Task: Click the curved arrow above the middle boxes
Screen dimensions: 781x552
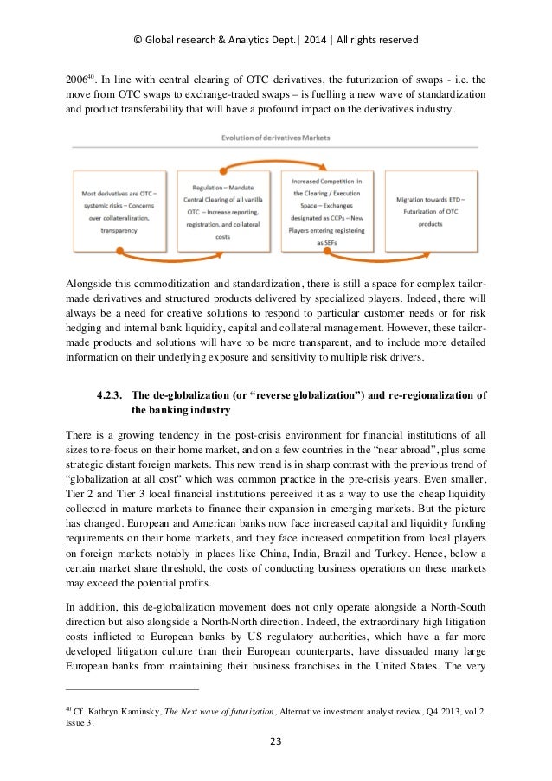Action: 275,158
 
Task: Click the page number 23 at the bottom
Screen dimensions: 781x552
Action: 276,740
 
